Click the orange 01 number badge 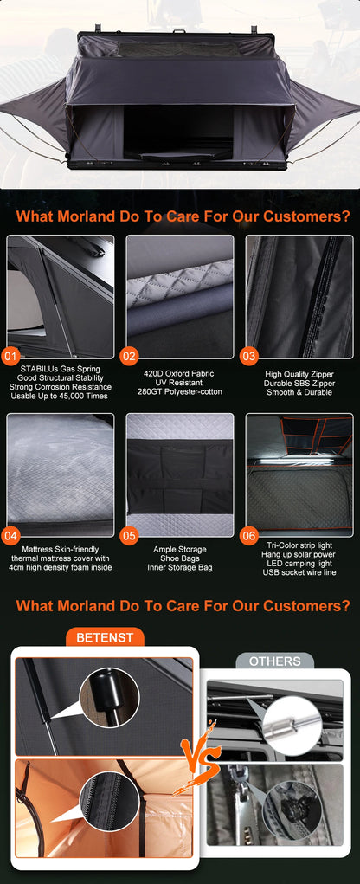pyautogui.click(x=11, y=356)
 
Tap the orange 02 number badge pyautogui.click(x=130, y=356)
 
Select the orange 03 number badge pyautogui.click(x=248, y=356)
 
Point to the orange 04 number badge pyautogui.click(x=11, y=536)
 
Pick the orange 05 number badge pyautogui.click(x=130, y=536)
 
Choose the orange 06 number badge pyautogui.click(x=248, y=536)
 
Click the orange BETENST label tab pyautogui.click(x=105, y=637)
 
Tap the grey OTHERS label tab pyautogui.click(x=274, y=661)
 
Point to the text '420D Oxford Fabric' pyautogui.click(x=180, y=374)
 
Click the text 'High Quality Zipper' pyautogui.click(x=299, y=374)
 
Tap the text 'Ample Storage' pyautogui.click(x=180, y=549)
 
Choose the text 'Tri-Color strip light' pyautogui.click(x=299, y=545)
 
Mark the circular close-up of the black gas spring pyautogui.click(x=109, y=698)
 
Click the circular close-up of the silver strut pyautogui.click(x=292, y=725)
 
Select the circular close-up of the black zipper pyautogui.click(x=109, y=801)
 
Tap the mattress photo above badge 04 pyautogui.click(x=61, y=474)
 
